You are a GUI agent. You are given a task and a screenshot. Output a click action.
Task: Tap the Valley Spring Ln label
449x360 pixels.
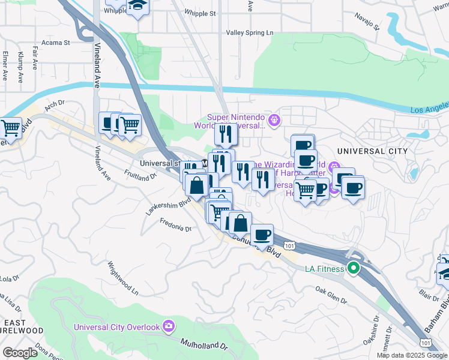249,33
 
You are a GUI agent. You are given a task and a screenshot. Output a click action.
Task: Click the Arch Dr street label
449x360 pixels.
54,104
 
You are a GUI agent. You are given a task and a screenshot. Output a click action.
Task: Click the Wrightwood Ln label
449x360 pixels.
122,278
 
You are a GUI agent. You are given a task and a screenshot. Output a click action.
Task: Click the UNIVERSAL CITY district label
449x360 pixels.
372,151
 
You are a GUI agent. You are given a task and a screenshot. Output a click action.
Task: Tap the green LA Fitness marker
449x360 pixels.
354,268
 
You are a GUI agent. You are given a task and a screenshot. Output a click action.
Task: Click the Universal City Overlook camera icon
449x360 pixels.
169,326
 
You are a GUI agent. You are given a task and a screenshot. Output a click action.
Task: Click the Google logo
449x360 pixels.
20,353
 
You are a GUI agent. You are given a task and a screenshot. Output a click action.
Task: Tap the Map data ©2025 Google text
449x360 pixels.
412,355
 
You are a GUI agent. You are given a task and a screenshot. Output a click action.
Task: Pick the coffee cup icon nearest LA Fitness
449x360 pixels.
262,234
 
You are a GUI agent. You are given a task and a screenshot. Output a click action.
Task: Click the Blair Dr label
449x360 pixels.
429,294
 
